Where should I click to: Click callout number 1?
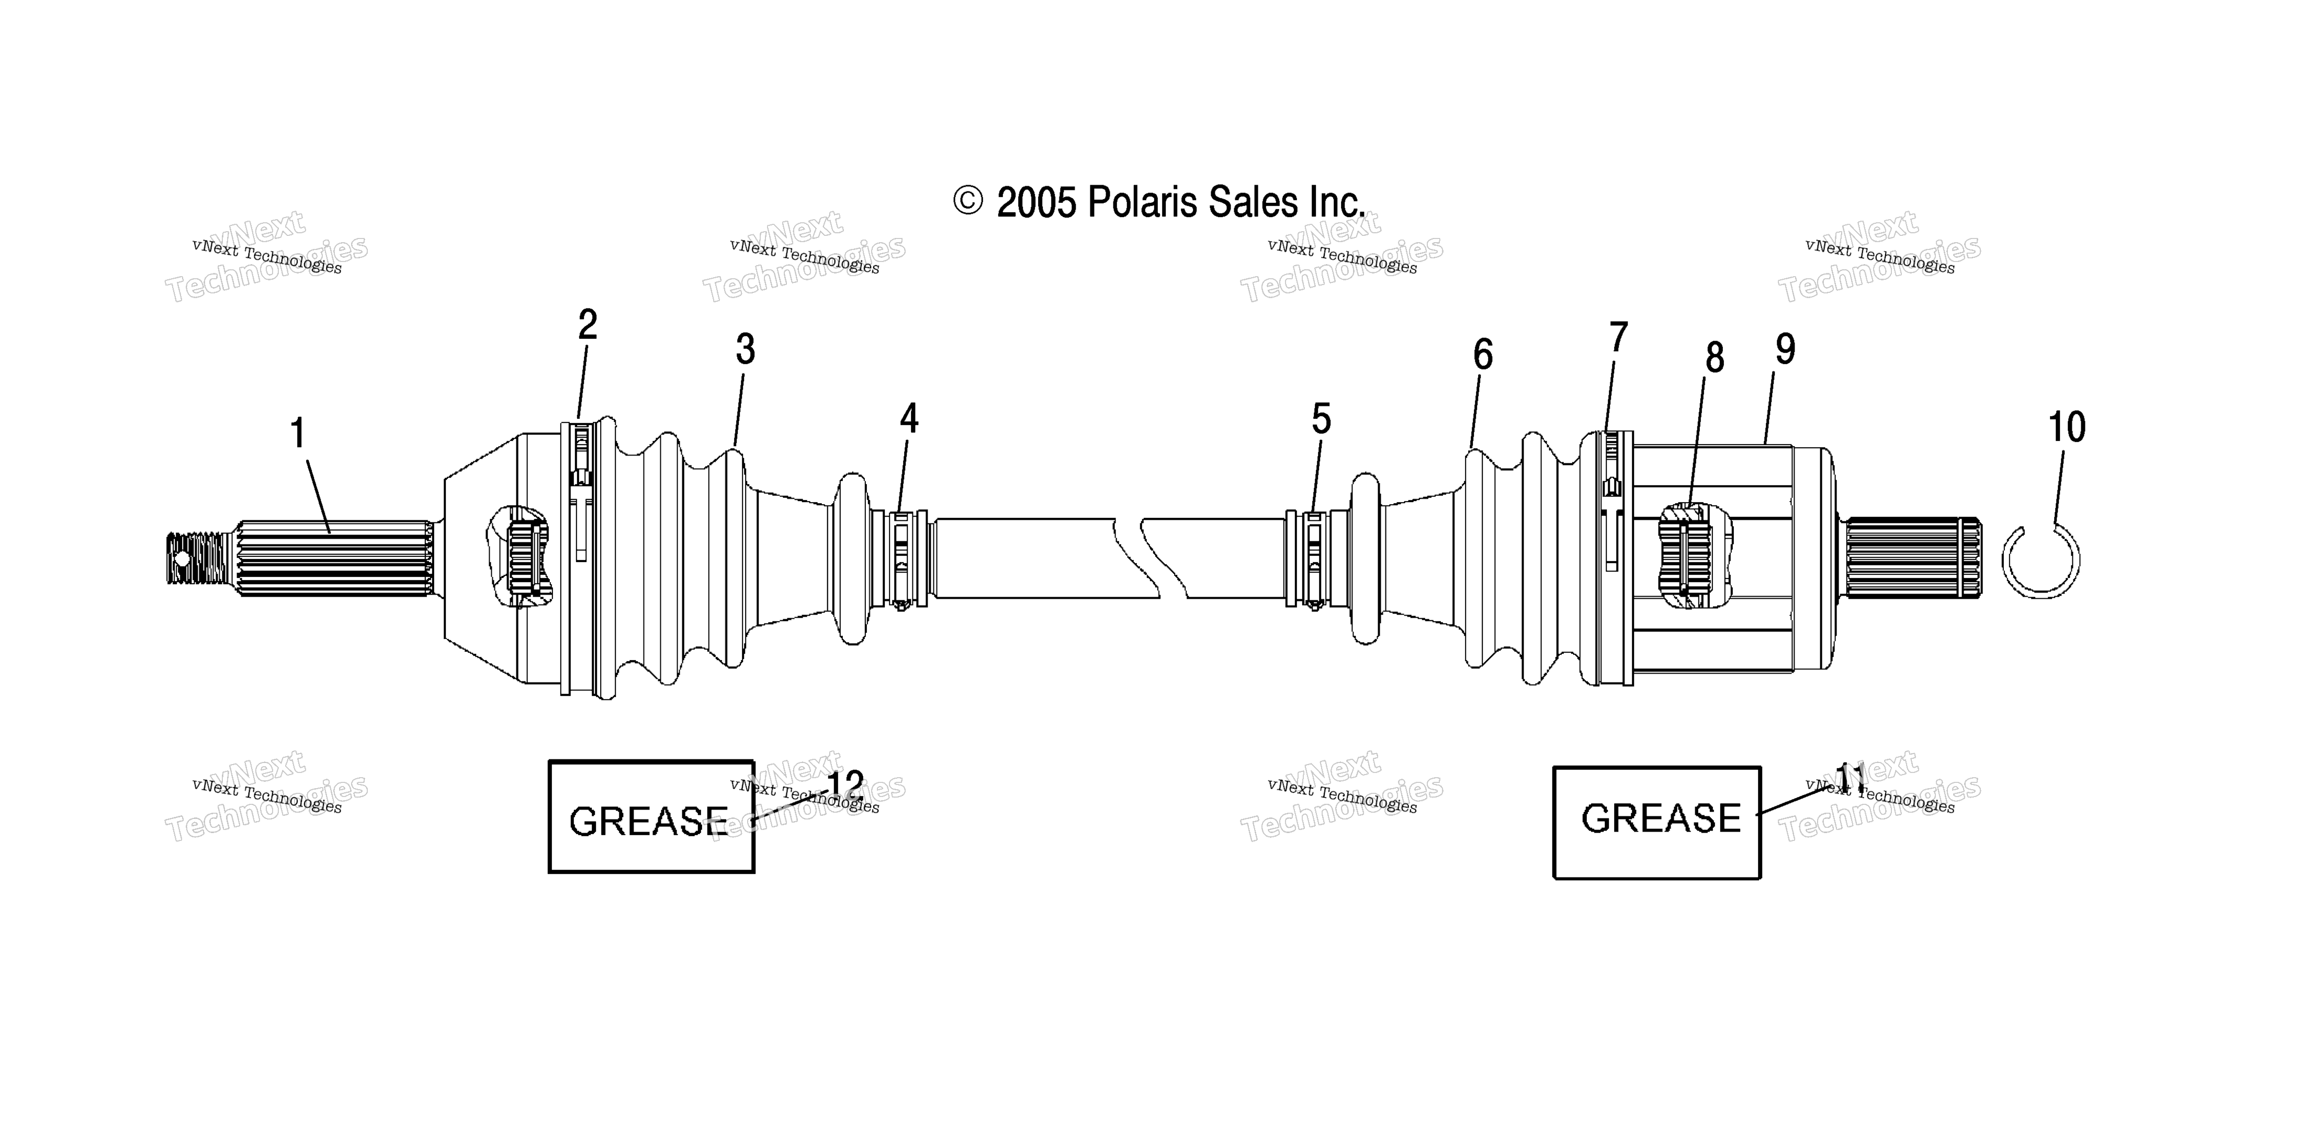(298, 434)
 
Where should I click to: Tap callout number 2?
(588, 325)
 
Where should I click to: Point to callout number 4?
(909, 419)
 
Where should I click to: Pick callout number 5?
(1322, 419)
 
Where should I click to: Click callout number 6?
(1483, 355)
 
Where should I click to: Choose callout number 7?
(1618, 338)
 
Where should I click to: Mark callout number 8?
(1715, 358)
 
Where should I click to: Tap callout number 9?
(1785, 349)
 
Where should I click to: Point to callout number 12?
(844, 787)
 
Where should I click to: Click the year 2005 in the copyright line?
(1036, 203)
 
